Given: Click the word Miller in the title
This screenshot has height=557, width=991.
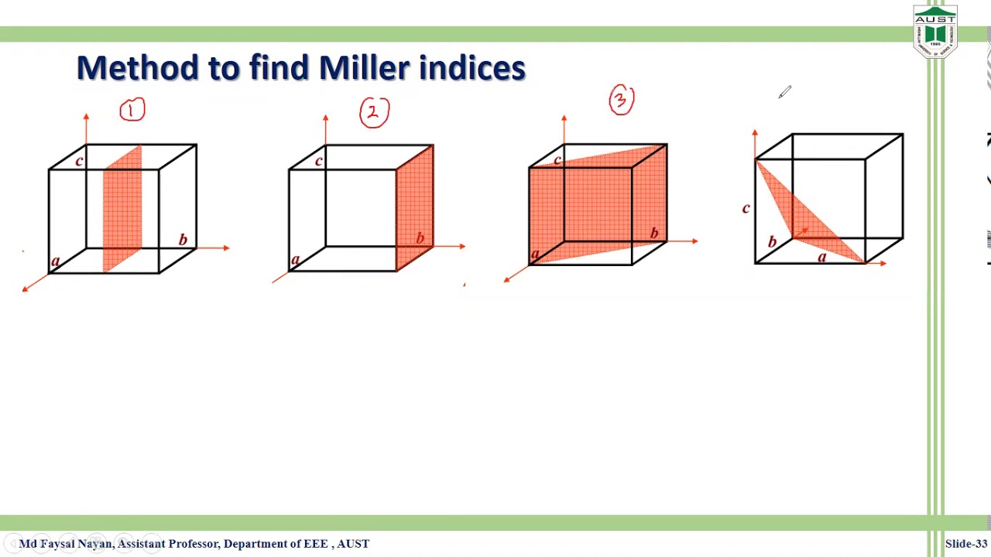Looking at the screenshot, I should [x=364, y=68].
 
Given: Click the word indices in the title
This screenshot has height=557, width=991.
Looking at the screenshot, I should [x=472, y=68].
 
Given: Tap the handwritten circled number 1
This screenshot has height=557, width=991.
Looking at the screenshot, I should [x=132, y=111].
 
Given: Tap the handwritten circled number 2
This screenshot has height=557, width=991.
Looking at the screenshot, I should [x=374, y=113].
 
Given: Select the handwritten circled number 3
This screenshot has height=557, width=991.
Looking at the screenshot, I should [x=622, y=101].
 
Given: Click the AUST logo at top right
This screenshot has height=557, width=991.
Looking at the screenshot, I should [x=935, y=31].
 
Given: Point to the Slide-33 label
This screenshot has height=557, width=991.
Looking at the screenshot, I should [x=965, y=544].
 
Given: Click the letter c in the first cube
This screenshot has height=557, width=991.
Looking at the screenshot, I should [x=79, y=161].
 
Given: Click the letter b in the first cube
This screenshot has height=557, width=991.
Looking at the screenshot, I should [x=183, y=240].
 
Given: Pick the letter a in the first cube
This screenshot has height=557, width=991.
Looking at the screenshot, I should [x=55, y=261].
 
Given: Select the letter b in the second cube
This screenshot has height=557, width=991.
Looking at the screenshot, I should [x=420, y=237].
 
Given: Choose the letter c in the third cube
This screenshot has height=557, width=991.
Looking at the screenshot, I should [x=557, y=160].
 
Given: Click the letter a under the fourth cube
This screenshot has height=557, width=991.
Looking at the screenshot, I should [x=822, y=257].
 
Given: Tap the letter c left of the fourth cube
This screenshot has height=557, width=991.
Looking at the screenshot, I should [x=746, y=208].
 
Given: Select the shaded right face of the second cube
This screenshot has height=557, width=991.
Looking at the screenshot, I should [x=415, y=205].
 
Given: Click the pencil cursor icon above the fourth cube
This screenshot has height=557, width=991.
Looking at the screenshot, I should [x=785, y=93].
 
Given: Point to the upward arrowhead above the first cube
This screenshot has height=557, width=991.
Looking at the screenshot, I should [x=86, y=117].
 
